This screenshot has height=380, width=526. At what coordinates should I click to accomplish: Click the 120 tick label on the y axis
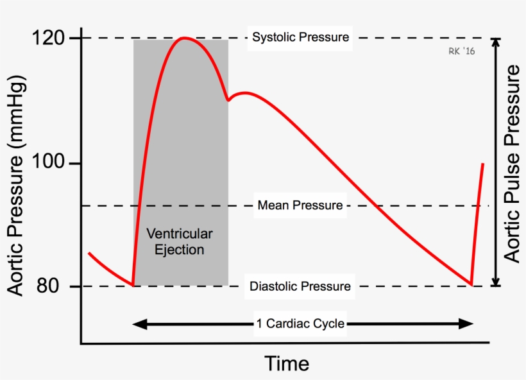point(48,39)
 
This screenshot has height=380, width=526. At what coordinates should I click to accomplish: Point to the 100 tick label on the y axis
point(48,164)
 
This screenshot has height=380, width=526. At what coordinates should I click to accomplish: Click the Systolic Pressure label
point(300,37)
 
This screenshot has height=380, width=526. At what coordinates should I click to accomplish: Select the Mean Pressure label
point(300,206)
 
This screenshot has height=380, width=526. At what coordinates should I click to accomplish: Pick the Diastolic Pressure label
point(300,286)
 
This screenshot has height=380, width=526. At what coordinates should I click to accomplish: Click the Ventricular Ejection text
point(180,241)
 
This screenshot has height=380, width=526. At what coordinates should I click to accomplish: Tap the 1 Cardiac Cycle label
point(300,324)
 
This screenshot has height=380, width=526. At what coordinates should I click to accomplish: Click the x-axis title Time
point(287,364)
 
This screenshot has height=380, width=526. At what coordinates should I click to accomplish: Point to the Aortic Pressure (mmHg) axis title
point(17,187)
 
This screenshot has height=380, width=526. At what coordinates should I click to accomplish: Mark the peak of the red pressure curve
point(185,38)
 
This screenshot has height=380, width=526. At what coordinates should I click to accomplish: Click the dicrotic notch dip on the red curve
point(228,99)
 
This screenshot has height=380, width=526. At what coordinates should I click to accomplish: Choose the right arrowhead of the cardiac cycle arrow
point(468,324)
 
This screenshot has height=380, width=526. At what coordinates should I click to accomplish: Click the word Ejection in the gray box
point(180,250)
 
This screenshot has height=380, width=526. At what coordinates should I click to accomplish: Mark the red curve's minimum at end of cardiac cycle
point(471,284)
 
